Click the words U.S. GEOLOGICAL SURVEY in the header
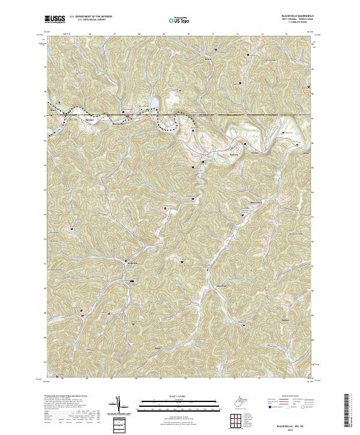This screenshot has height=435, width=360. pyautogui.click(x=85, y=20)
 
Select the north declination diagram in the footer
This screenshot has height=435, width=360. pyautogui.click(x=119, y=407)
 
